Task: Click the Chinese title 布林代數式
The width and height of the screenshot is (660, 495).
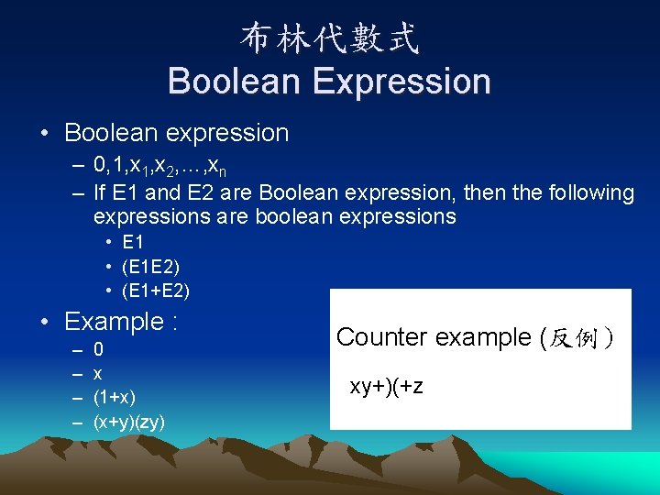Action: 330,38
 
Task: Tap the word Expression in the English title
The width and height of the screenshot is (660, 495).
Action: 402,82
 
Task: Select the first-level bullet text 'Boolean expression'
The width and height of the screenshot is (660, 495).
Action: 176,133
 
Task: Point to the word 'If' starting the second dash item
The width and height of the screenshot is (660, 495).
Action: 101,193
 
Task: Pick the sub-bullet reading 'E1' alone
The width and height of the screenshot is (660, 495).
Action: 133,243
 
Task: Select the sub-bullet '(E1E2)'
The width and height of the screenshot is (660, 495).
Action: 150,268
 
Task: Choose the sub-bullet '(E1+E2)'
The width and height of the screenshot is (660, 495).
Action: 156,291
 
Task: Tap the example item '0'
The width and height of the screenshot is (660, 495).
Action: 99,350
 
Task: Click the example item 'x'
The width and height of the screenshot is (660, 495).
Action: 98,374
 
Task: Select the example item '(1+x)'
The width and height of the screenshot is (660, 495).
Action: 115,398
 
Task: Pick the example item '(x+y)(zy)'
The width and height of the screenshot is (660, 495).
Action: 129,422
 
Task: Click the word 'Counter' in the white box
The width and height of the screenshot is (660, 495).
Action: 381,337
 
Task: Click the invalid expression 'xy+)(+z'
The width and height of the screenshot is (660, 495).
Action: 386,386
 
